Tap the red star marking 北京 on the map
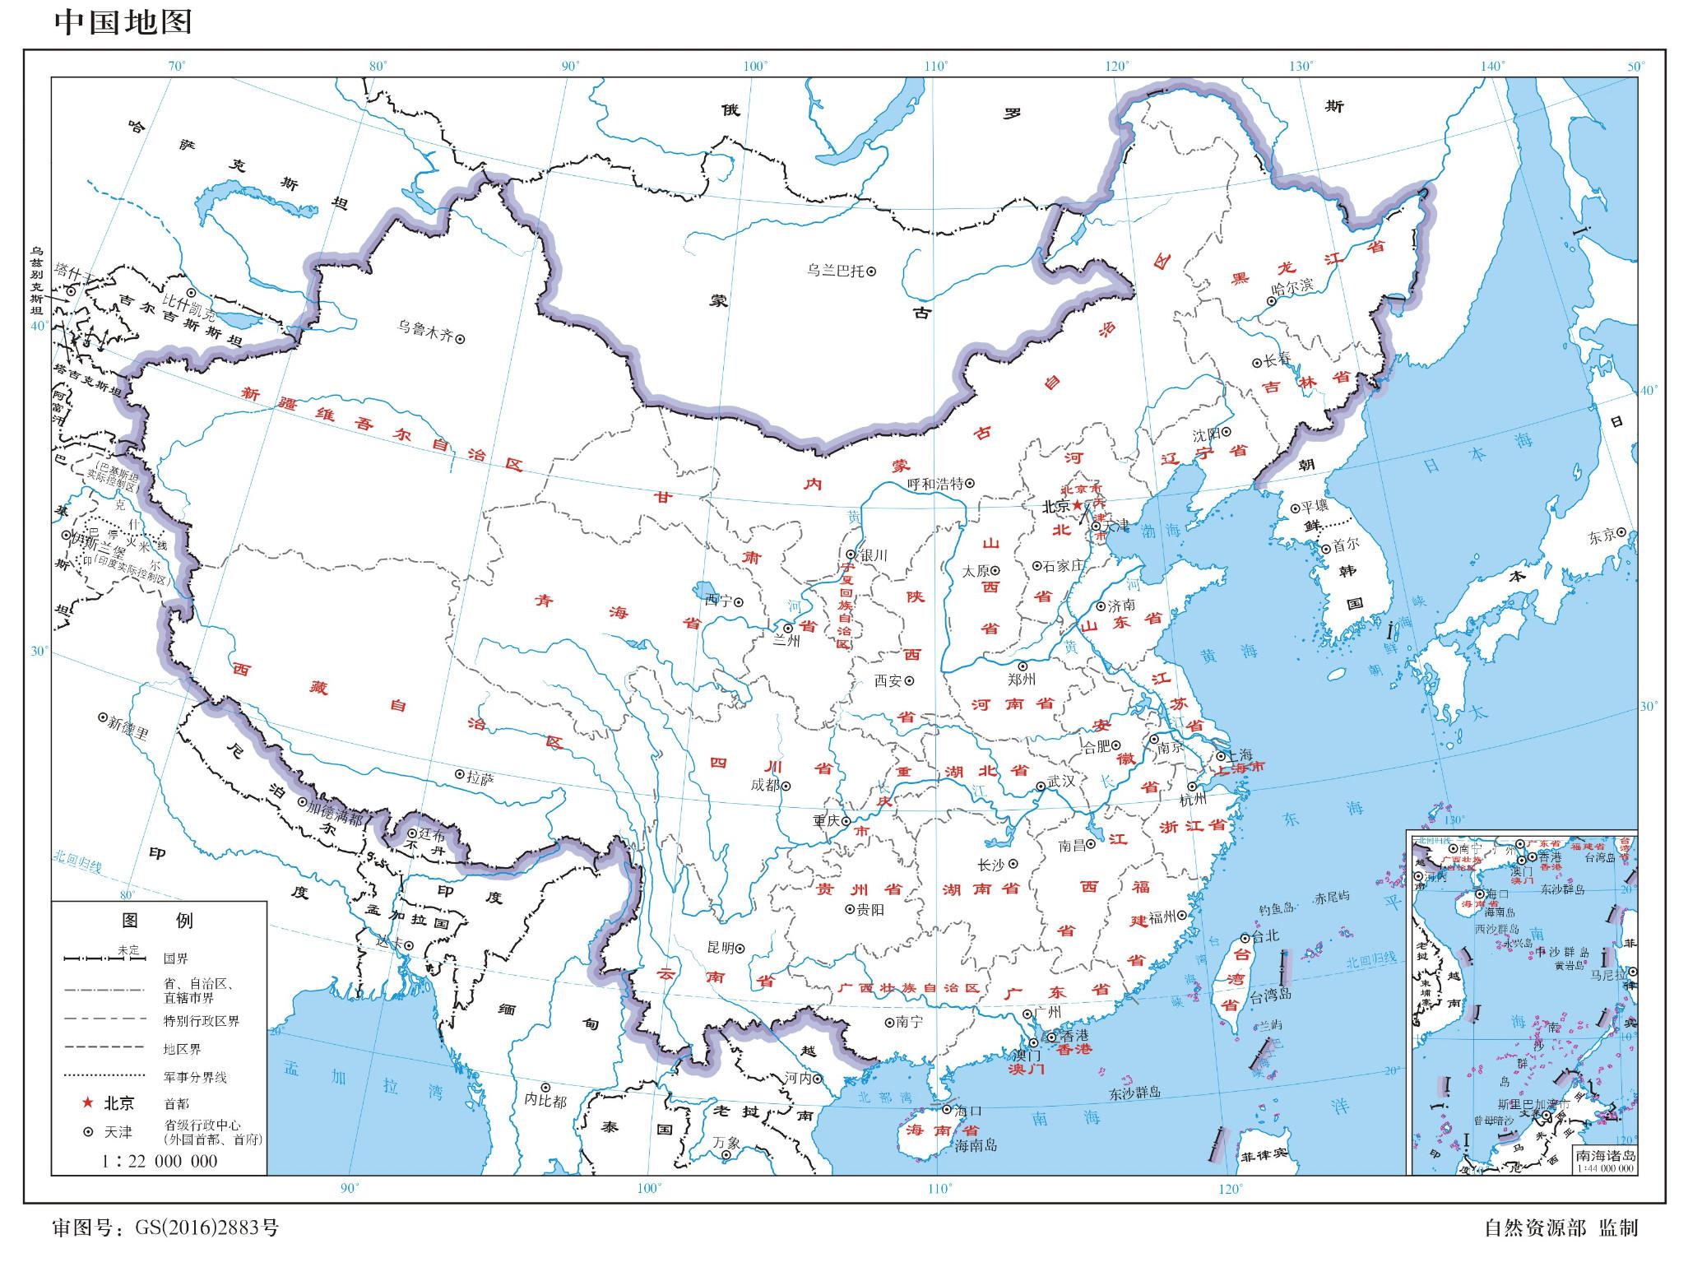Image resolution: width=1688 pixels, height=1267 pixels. coord(1078,505)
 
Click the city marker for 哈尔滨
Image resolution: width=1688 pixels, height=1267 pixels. coord(1272,301)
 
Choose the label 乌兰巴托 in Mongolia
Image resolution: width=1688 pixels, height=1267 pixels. coord(834,270)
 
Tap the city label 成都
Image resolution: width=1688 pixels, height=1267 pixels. coord(764,786)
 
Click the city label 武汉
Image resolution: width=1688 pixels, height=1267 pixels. coord(1060,782)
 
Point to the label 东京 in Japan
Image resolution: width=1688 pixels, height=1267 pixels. coord(1601,536)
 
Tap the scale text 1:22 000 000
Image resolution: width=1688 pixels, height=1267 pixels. coord(160,1161)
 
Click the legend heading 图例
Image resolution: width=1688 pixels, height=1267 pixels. coord(158,920)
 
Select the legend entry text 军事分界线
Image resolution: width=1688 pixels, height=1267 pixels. coord(195,1076)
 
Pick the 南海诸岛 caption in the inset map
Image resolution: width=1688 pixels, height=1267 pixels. coord(1605,1155)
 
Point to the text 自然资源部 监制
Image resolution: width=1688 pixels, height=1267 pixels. coord(1560,1228)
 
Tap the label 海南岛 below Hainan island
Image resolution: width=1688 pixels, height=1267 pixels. coord(976,1144)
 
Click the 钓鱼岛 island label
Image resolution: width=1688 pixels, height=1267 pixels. coord(1277,908)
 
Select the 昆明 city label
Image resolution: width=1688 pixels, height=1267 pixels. coord(721,948)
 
